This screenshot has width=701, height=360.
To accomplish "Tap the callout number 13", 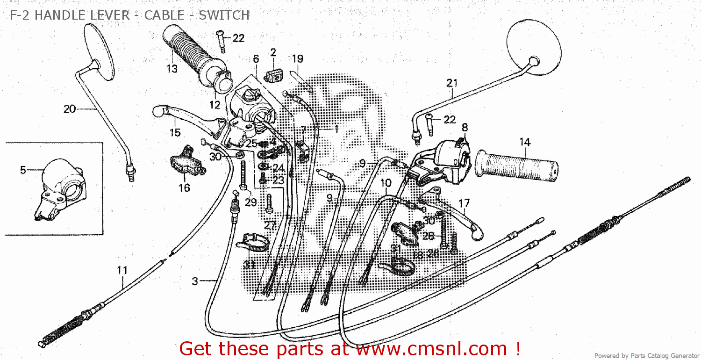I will (172, 69).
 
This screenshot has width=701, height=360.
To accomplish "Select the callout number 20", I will (70, 109).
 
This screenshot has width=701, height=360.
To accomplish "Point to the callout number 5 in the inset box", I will (23, 170).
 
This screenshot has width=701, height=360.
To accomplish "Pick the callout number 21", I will (451, 83).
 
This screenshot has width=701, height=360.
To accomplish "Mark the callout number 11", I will (122, 270).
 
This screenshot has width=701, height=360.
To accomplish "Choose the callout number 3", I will (195, 281).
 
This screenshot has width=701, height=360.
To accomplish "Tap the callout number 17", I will (464, 203).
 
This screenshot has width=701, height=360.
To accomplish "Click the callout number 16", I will (184, 187).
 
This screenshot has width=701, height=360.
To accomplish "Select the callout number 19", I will (298, 58).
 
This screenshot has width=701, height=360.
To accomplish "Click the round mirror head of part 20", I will (100, 51).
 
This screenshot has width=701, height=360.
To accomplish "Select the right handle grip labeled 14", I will (516, 166).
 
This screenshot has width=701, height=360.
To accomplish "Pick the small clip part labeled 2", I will (272, 73).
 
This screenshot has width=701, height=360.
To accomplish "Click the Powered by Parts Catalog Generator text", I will (647, 356).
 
